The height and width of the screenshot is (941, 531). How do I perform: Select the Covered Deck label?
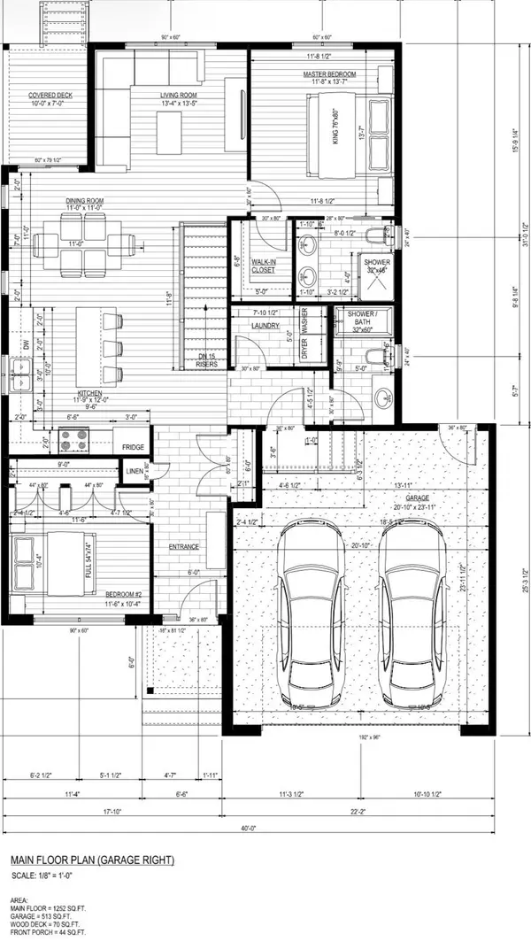(50, 95)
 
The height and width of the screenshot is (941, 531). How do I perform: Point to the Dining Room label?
(84, 201)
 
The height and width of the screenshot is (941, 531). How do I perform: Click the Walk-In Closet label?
(262, 266)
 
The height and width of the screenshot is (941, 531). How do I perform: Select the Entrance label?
(183, 547)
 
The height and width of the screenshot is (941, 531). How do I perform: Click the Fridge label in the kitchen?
(134, 448)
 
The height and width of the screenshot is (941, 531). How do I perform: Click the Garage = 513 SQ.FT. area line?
(50, 914)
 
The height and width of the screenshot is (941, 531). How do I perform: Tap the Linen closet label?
(135, 472)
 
